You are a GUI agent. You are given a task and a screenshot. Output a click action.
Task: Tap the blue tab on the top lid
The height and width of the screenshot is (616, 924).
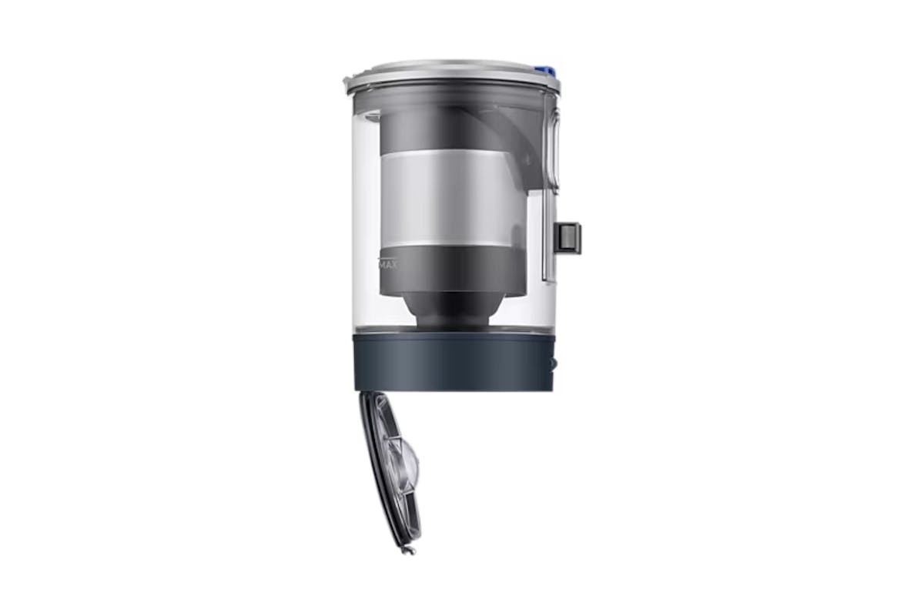pos(546,71)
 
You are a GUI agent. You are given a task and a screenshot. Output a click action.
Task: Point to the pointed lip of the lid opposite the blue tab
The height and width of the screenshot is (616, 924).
pos(349,80)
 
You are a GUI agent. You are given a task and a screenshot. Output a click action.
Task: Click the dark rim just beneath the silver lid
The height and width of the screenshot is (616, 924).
pos(450,89)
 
